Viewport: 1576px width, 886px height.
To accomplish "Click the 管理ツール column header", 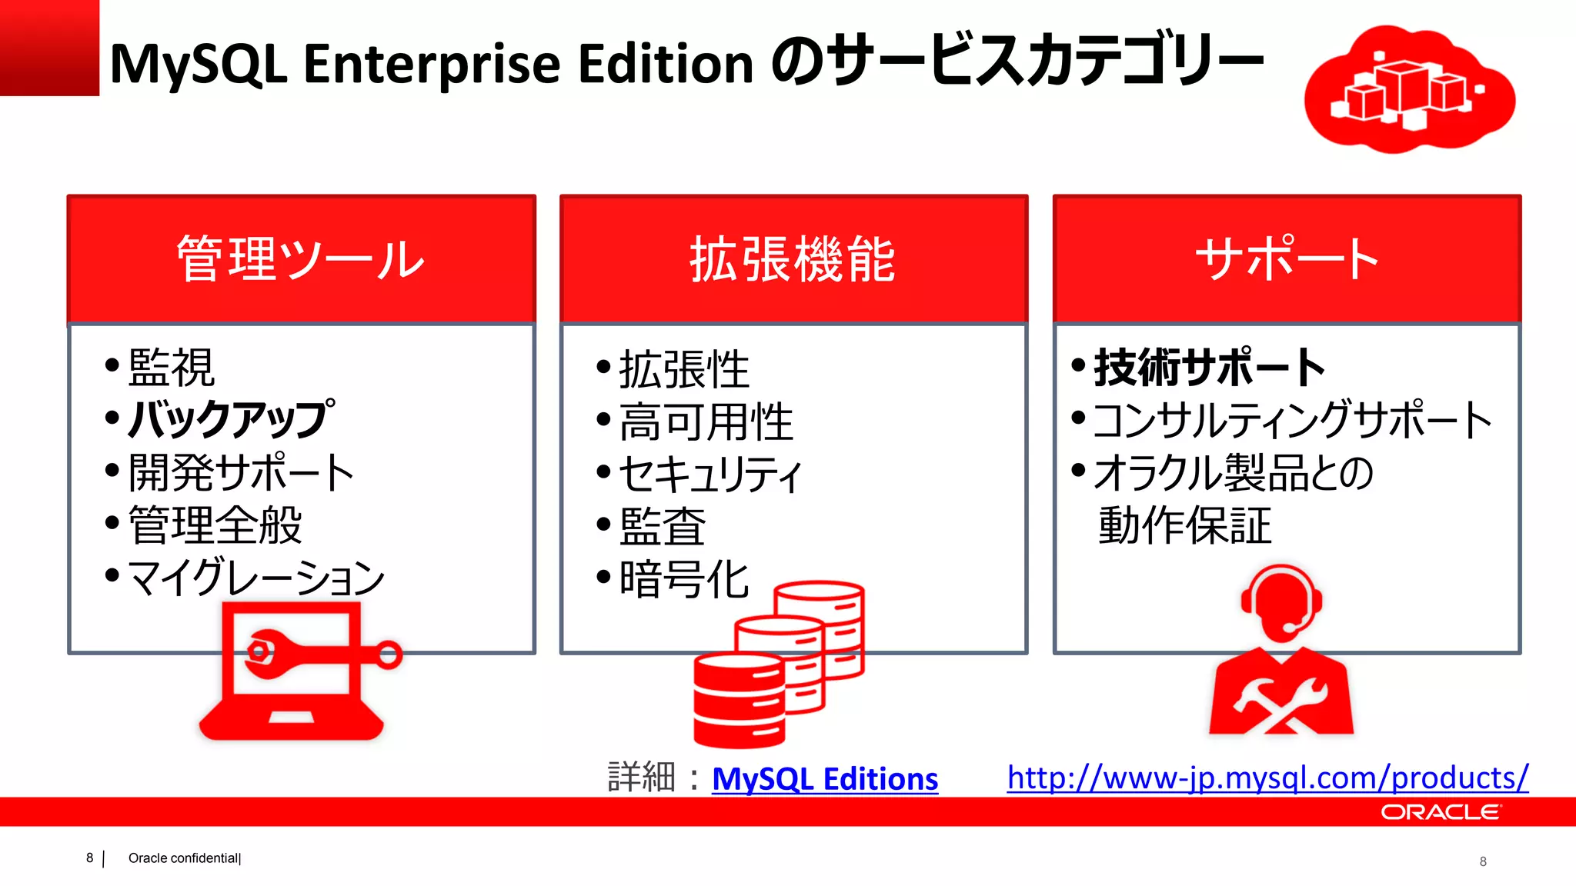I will pyautogui.click(x=301, y=259).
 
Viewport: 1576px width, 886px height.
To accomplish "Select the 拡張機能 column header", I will pyautogui.click(x=793, y=259).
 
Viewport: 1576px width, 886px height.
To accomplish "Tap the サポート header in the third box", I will pyautogui.click(x=1287, y=259).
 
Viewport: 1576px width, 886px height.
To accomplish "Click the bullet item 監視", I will pyautogui.click(x=171, y=368).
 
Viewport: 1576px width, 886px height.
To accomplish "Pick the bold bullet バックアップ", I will pyautogui.click(x=231, y=419).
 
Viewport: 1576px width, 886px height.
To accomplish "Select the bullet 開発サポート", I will pyautogui.click(x=240, y=471).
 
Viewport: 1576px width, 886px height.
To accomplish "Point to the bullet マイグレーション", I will pyautogui.click(x=255, y=577).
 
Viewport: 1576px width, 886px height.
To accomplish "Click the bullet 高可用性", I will pyautogui.click(x=706, y=421).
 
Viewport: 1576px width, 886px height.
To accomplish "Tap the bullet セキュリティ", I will pyautogui.click(x=710, y=474).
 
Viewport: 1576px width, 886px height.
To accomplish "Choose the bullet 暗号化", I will pyautogui.click(x=684, y=579).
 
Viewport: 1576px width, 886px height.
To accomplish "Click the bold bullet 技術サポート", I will pyautogui.click(x=1209, y=368).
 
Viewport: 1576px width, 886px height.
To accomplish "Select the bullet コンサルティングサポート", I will pyautogui.click(x=1292, y=420).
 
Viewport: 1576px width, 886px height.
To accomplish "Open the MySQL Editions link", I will pyautogui.click(x=825, y=779).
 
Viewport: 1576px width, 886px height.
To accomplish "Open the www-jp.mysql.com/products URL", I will pyautogui.click(x=1267, y=778).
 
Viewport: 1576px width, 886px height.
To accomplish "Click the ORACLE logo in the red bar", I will pyautogui.click(x=1440, y=812).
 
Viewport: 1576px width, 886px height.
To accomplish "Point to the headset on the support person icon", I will pyautogui.click(x=1281, y=599).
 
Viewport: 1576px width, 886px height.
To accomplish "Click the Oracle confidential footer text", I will pyautogui.click(x=185, y=858).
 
